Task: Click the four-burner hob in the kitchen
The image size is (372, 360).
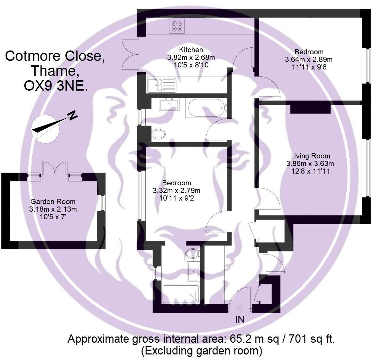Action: [x=178, y=26]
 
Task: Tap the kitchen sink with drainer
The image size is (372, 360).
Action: [x=161, y=84]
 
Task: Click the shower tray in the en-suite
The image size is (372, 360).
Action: [x=181, y=294]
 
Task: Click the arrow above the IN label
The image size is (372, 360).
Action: [x=240, y=308]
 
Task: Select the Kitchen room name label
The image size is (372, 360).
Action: [x=191, y=50]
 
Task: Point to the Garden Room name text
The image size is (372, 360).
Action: [x=53, y=202]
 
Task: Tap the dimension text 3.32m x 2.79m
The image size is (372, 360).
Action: [x=176, y=191]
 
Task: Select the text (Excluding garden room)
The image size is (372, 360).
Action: [x=201, y=351]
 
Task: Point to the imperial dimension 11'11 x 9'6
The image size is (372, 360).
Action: [x=309, y=67]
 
